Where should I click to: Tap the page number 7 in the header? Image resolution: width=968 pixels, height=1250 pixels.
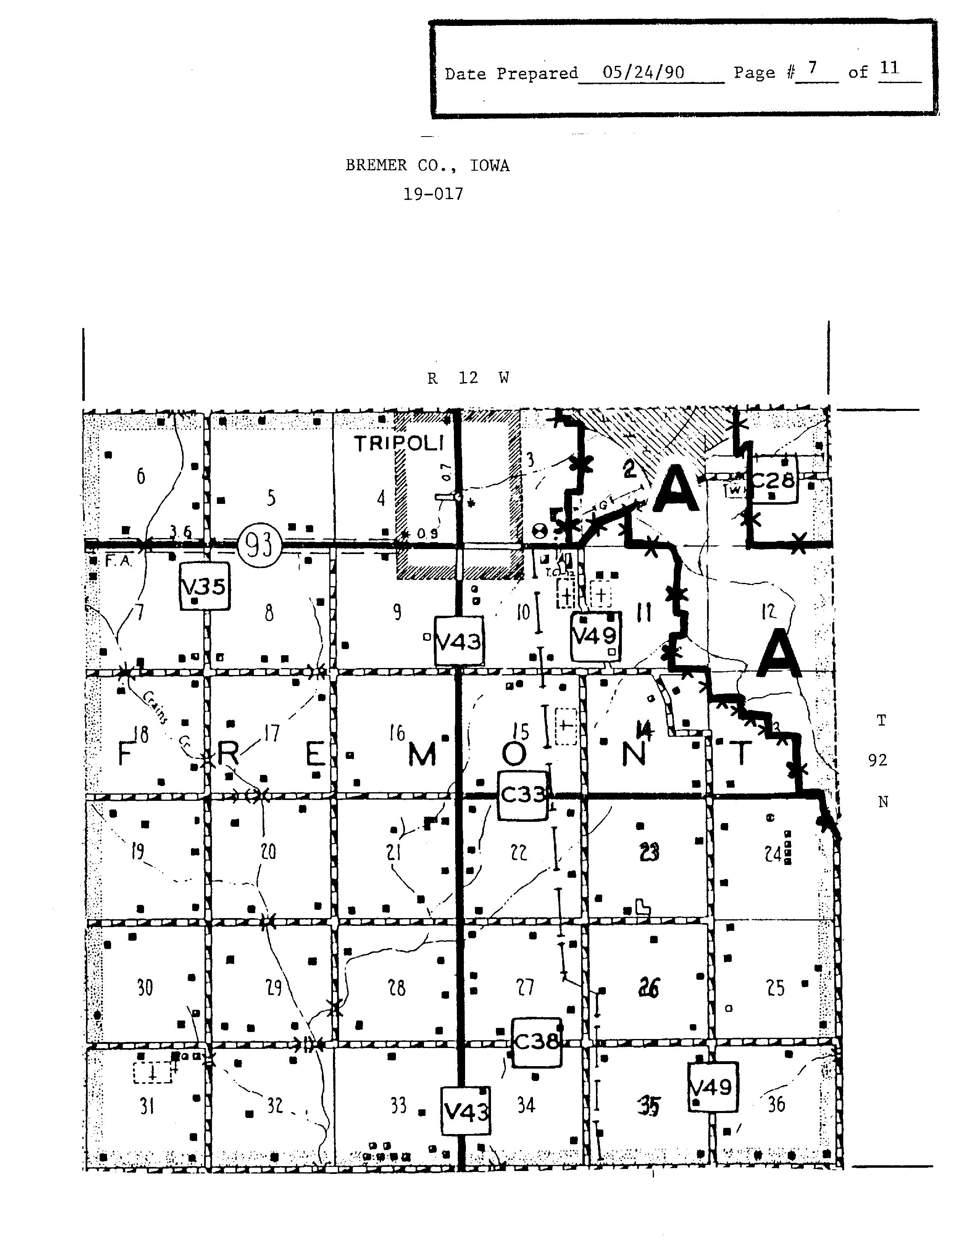[x=812, y=69]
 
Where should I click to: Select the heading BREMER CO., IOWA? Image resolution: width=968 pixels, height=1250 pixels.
[x=427, y=165]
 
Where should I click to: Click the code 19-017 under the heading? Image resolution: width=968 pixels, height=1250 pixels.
[x=433, y=194]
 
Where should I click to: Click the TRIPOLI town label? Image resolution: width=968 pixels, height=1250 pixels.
[x=399, y=443]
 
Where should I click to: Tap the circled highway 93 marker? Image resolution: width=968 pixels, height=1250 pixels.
[x=261, y=545]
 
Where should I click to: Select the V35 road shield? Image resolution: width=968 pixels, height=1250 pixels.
[x=205, y=587]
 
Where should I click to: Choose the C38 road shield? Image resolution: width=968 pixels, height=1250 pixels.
[x=536, y=1041]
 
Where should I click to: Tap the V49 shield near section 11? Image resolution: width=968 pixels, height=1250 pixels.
[x=595, y=636]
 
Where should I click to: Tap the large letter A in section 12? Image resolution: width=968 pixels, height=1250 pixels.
[x=778, y=654]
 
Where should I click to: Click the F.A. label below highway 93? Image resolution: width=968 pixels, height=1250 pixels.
[x=119, y=561]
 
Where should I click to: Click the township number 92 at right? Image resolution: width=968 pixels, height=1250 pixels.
[x=877, y=760]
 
